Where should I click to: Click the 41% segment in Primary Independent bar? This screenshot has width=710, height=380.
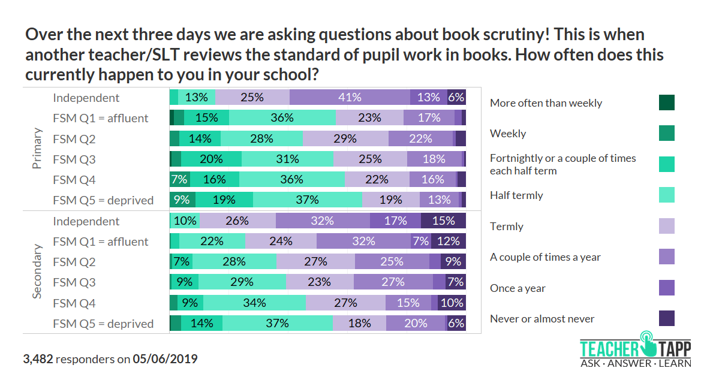[350, 98]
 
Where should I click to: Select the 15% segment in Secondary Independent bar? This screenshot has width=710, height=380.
[443, 221]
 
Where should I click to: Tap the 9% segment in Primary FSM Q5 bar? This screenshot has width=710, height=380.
[182, 200]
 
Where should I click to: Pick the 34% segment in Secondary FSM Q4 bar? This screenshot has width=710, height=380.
[254, 303]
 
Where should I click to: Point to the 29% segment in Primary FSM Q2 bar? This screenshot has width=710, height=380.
[345, 139]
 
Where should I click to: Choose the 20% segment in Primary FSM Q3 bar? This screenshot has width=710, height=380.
[211, 159]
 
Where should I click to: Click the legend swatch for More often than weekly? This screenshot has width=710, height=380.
[666, 102]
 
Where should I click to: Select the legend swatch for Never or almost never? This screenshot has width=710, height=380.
[666, 318]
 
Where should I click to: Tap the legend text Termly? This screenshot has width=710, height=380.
[507, 227]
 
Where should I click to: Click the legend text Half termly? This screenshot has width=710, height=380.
[516, 195]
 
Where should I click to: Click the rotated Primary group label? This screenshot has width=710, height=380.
[37, 149]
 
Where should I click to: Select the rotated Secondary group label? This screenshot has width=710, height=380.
[37, 272]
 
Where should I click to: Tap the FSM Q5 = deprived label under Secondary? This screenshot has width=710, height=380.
[103, 324]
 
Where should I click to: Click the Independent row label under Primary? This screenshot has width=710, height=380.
[86, 98]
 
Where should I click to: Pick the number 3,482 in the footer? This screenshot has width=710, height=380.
[38, 360]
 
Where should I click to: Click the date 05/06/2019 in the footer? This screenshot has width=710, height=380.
[165, 360]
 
